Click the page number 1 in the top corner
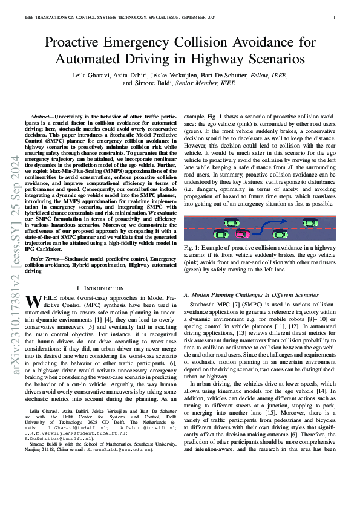click(334, 18)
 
